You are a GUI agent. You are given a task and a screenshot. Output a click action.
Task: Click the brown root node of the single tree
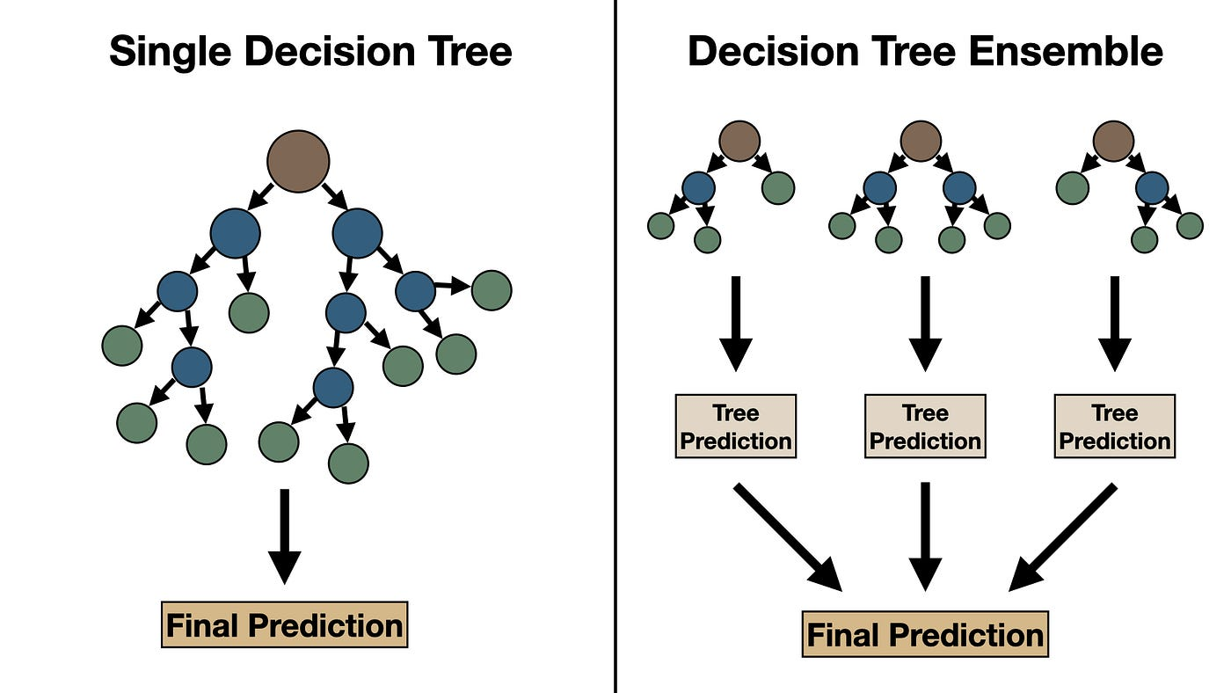click(298, 161)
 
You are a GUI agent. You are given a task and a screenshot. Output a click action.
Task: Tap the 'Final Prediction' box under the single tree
click(284, 625)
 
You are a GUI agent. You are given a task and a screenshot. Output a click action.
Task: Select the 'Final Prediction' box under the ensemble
click(925, 635)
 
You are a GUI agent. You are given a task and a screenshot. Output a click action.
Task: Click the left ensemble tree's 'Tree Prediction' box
click(736, 427)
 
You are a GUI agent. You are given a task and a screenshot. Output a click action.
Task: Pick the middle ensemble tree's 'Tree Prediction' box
click(925, 427)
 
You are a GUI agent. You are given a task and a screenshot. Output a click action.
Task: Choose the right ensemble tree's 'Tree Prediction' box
click(1114, 427)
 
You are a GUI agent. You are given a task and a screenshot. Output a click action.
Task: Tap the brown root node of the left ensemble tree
click(739, 142)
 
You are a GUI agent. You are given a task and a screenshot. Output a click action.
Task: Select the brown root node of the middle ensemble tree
click(921, 142)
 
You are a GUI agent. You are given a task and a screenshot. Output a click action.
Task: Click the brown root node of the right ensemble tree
click(1113, 142)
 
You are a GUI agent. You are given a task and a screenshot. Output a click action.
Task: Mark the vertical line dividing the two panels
click(615, 352)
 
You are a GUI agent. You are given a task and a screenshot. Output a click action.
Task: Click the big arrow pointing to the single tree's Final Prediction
click(284, 536)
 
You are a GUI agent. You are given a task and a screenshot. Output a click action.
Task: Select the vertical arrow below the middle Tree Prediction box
click(925, 536)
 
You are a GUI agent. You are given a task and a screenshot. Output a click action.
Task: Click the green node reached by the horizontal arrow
click(492, 290)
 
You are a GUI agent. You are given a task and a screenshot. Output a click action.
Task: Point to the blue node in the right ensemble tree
click(1152, 188)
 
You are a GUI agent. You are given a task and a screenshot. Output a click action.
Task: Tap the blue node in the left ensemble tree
click(699, 188)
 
